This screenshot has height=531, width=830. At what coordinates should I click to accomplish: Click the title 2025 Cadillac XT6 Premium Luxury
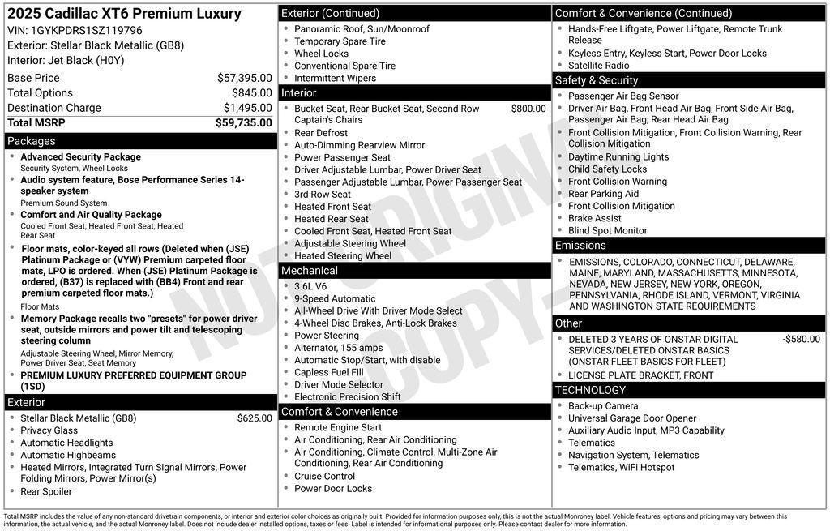click(x=124, y=14)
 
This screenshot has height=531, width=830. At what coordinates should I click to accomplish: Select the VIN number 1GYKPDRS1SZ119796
click(x=85, y=30)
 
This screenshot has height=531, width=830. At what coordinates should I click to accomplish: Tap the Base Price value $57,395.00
click(x=244, y=78)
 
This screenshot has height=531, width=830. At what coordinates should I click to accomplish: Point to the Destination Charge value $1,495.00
click(x=247, y=108)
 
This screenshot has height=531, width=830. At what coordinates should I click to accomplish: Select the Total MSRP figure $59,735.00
click(x=243, y=123)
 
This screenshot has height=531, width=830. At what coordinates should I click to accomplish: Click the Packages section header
click(x=31, y=141)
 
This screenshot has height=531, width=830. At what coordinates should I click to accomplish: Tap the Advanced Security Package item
click(x=80, y=157)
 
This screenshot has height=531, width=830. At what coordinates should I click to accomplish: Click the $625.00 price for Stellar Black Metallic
click(x=255, y=418)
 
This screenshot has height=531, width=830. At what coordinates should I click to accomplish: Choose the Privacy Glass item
click(x=49, y=430)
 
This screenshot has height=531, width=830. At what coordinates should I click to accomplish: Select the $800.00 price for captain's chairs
click(x=528, y=109)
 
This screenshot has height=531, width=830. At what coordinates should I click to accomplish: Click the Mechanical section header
click(x=310, y=271)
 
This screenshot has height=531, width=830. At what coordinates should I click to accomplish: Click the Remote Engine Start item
click(x=337, y=427)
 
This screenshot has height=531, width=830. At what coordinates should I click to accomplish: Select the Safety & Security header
click(x=596, y=80)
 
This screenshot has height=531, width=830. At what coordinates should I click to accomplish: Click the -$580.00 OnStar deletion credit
click(x=801, y=340)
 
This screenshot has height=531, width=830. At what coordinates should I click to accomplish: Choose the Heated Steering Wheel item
click(x=343, y=255)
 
